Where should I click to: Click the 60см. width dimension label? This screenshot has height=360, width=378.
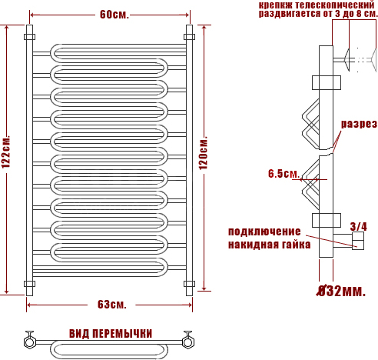click(x=114, y=15)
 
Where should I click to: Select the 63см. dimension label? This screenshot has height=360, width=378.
click(x=112, y=305)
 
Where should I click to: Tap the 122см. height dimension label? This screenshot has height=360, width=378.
click(x=6, y=151)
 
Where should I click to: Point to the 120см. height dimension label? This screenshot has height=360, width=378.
click(x=204, y=152)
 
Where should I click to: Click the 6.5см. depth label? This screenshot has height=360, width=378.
click(x=283, y=174)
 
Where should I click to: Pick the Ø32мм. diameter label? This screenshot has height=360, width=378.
click(x=341, y=291)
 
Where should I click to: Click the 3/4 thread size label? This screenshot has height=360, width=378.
click(x=359, y=226)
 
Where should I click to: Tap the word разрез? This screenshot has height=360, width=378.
click(x=359, y=124)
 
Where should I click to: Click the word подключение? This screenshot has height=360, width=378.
click(x=264, y=232)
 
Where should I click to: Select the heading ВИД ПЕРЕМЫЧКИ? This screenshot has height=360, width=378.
click(x=111, y=334)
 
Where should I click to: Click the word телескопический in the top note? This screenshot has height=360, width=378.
click(x=335, y=5)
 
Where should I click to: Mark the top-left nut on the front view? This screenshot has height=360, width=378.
click(x=29, y=37)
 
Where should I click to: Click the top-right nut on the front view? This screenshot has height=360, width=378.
click(x=189, y=37)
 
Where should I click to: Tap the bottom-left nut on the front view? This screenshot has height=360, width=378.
click(x=29, y=284)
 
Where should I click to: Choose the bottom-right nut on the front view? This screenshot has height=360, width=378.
click(x=189, y=284)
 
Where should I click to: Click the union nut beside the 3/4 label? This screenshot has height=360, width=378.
click(x=358, y=241)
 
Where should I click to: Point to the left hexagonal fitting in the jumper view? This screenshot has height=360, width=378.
click(x=30, y=341)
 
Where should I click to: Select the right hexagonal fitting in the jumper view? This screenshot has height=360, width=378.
click(x=188, y=341)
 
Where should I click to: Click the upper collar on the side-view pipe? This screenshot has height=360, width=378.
click(x=327, y=82)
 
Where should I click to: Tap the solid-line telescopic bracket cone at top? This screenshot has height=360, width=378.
click(x=347, y=60)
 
